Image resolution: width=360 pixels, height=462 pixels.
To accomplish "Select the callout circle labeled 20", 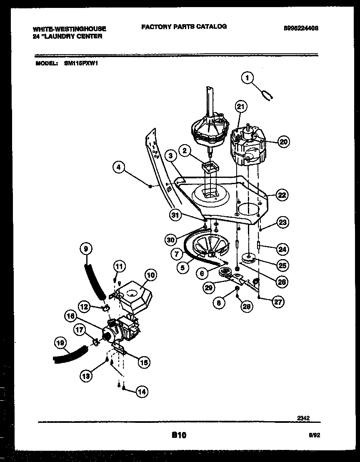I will (x=283, y=142).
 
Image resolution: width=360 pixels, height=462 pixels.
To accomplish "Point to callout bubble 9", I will (x=86, y=249).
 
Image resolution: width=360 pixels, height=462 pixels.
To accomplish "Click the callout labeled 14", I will (x=142, y=391).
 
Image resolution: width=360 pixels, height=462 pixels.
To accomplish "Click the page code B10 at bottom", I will (x=179, y=435).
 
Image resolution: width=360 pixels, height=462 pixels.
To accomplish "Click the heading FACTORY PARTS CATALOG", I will (x=184, y=26).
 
